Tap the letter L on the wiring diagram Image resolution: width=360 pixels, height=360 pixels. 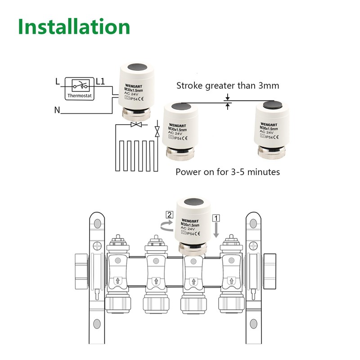[x=57, y=82]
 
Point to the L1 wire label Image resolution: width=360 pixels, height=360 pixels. [x=100, y=82]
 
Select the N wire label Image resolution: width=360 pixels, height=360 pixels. [x=57, y=109]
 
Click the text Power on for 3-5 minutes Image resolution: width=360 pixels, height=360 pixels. [x=228, y=171]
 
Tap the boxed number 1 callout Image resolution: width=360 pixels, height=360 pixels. [x=216, y=217]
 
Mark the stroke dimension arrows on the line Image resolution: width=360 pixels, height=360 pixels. [x=228, y=102]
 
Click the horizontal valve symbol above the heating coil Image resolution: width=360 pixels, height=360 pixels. [x=135, y=124]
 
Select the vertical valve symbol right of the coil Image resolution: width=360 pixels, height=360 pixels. [x=157, y=132]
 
